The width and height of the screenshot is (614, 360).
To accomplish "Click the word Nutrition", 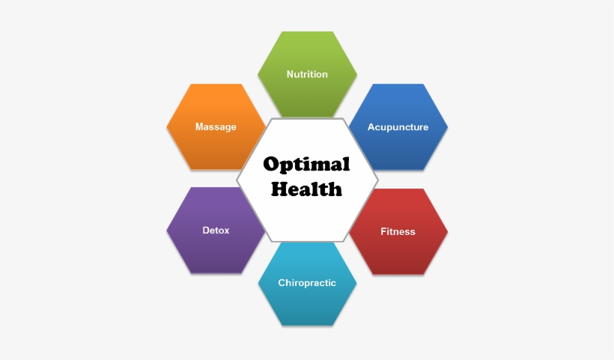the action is tap(307, 74).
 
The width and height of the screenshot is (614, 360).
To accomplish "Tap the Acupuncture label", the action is tap(398, 127).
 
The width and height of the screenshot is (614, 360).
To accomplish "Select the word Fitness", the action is tap(398, 232).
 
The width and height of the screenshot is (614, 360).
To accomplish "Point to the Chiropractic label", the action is tap(307, 283).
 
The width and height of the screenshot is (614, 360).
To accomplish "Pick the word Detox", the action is tap(216, 231).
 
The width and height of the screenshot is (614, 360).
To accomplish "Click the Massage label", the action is tap(216, 127).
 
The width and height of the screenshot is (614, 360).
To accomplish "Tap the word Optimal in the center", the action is tap(306, 165).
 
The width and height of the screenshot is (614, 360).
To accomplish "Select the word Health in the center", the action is tap(306, 189).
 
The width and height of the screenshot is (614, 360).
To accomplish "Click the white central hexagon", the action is tap(307, 219).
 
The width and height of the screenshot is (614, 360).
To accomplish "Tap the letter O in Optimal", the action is tap(271, 164).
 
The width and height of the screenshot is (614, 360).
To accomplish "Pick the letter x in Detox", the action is tap(226, 231).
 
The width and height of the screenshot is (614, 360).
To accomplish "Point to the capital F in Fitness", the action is tap(383, 232).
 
